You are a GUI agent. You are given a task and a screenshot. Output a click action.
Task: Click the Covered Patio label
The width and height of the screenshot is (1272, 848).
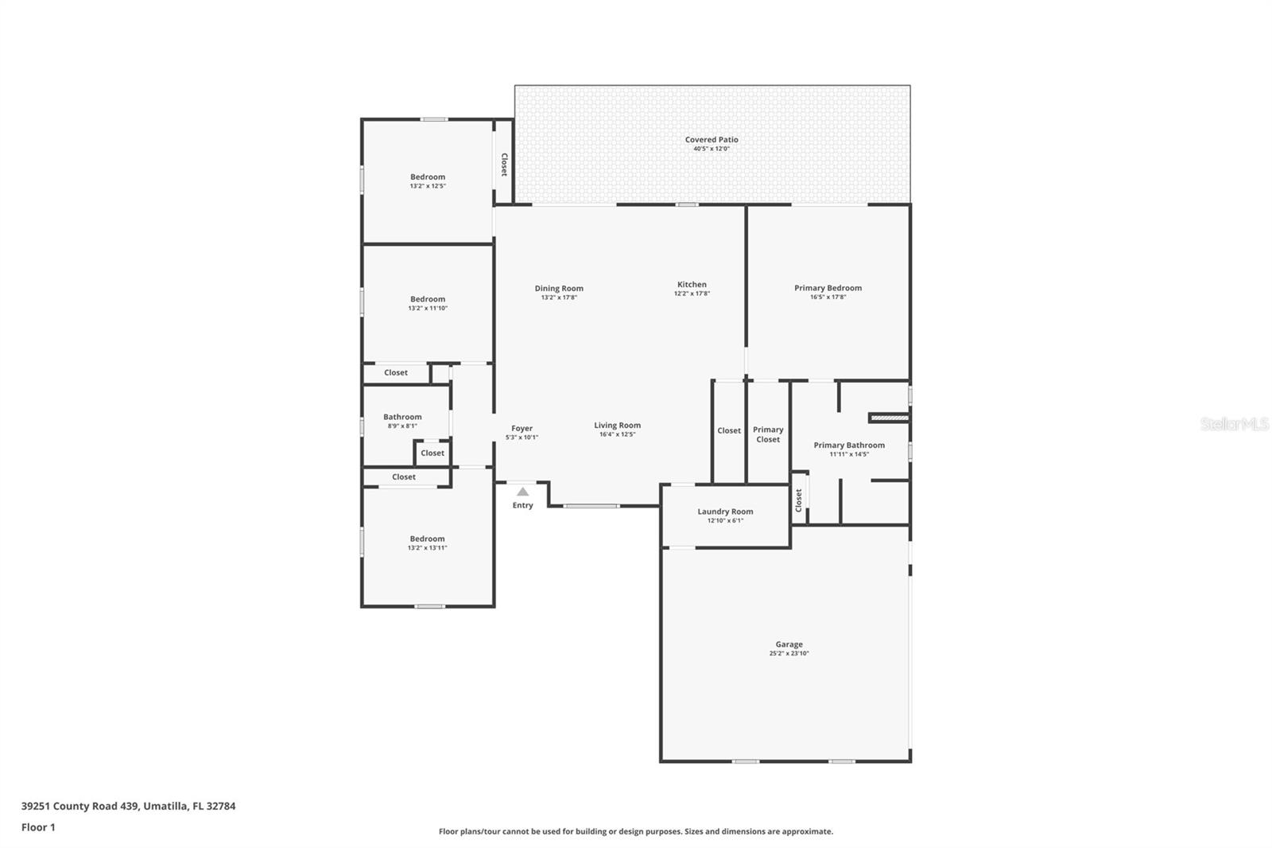[x=712, y=139]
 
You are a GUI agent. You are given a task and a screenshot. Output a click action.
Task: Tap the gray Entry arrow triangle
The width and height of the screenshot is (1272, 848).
[x=523, y=492]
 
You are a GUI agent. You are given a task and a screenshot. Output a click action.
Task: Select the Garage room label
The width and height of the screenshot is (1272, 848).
[x=789, y=644]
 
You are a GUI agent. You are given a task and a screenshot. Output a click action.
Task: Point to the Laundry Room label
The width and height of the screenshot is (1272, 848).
[x=725, y=512]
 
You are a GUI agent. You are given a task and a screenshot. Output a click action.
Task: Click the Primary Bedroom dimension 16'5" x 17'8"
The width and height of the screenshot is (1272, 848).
[x=828, y=297]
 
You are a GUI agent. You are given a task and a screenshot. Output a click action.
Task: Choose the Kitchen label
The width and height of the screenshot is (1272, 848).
[x=692, y=284]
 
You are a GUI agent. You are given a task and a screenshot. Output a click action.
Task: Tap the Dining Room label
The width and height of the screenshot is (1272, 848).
[x=559, y=288]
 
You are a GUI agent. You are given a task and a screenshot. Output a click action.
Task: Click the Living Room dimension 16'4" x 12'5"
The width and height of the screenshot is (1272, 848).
[x=617, y=434]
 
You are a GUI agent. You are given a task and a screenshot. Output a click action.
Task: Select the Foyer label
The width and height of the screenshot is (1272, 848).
[x=522, y=429]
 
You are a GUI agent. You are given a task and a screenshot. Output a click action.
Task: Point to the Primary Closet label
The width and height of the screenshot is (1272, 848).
[x=768, y=434]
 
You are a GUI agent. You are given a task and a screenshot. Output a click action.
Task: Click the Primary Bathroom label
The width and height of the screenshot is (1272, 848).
[x=849, y=445]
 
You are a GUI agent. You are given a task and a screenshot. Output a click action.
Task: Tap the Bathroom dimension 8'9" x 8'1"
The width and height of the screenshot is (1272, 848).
[x=402, y=426]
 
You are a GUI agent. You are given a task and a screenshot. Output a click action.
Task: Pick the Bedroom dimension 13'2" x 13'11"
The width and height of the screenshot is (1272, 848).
[x=428, y=548]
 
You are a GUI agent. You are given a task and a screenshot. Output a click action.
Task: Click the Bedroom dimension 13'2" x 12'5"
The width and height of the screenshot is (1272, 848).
[x=428, y=186]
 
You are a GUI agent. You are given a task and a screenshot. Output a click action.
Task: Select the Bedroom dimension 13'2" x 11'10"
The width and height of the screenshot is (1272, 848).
[x=428, y=308]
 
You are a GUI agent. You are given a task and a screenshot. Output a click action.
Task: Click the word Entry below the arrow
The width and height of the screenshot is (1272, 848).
[x=523, y=505]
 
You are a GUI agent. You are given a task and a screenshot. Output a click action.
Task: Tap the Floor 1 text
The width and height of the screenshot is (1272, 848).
[x=39, y=827]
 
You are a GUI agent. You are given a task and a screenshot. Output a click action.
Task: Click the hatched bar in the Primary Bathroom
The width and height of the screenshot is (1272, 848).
[x=890, y=418]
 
